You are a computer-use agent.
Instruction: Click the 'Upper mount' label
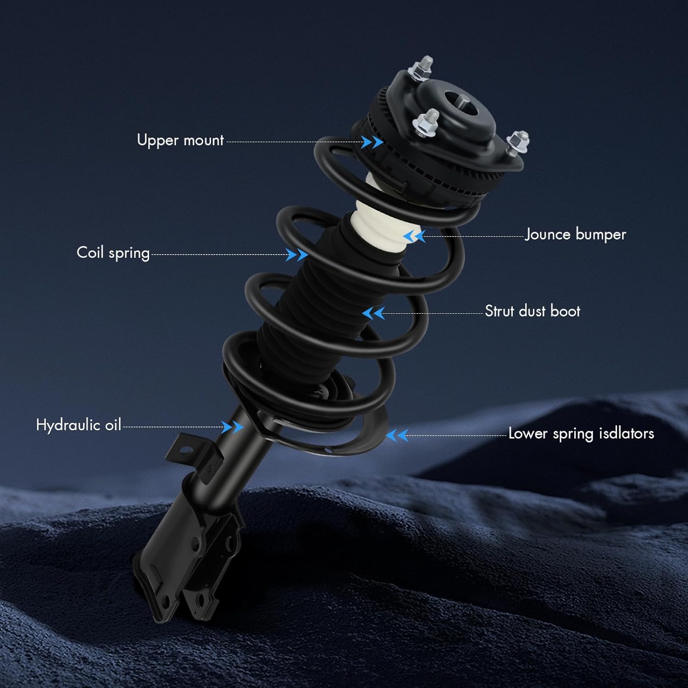pos(180,140)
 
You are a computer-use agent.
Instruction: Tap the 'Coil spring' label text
pos(113,253)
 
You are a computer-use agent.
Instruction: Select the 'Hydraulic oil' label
pos(78,425)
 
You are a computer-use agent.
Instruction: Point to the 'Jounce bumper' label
pos(575,234)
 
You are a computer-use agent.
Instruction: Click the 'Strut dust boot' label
pos(533,311)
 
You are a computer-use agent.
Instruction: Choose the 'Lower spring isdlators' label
pos(581,433)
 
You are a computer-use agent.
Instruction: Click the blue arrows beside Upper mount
pos(372,142)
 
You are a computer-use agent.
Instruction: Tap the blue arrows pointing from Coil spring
pos(296,255)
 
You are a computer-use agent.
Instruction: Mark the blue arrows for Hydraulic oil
pos(232,427)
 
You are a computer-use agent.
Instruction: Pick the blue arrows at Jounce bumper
pos(414,236)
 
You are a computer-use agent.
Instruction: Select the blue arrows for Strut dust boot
pos(373,314)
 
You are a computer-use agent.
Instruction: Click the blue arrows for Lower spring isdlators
pos(397,435)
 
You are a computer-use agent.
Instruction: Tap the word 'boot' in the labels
pos(565,311)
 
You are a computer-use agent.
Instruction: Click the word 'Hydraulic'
pos(69,425)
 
